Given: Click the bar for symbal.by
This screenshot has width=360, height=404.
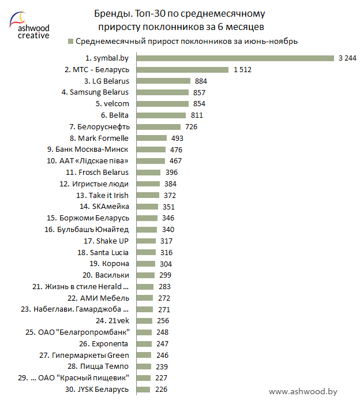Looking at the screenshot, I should (x=235, y=58).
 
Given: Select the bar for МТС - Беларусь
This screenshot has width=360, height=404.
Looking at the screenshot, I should (x=183, y=69).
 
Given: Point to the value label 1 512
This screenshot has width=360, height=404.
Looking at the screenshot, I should (x=242, y=69).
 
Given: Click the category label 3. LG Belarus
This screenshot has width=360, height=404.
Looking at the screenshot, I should (x=107, y=81).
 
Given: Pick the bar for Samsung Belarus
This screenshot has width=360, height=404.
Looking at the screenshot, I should (x=163, y=92).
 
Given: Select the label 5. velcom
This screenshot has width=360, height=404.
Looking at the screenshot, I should (x=112, y=104).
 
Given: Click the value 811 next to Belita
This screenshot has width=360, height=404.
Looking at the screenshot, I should (x=197, y=115).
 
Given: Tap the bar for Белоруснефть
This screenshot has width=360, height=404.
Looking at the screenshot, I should (x=159, y=126).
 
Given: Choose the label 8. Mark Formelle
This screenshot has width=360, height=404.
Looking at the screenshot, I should (x=99, y=138).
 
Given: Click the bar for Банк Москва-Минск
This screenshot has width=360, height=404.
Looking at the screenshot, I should (x=151, y=149).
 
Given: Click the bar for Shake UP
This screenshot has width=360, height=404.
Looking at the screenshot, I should (x=147, y=241).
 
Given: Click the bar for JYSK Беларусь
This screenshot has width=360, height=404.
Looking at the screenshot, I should (x=144, y=390).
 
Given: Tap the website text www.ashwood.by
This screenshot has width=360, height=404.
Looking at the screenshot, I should (x=302, y=391).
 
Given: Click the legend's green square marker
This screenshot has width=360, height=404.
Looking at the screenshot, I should (x=71, y=42).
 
